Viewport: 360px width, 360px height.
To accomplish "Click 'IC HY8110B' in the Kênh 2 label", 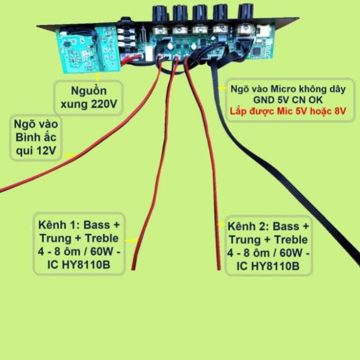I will click(268, 266).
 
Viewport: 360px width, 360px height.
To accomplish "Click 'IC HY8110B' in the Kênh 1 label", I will click(79, 265).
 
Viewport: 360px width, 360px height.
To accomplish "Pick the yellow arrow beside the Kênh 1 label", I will click(132, 240).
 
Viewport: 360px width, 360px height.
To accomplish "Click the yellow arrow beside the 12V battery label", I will click(69, 155).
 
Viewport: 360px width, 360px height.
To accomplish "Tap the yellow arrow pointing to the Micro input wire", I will click(223, 88).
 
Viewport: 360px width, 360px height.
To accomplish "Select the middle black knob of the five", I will click(200, 13).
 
